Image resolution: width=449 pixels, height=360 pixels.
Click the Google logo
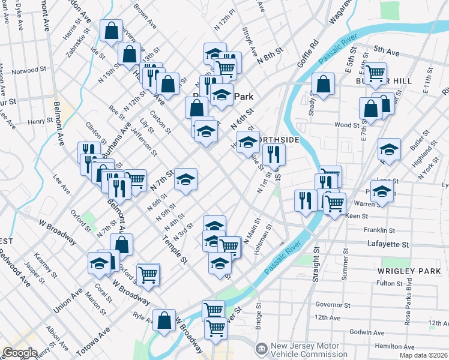coord(20,353)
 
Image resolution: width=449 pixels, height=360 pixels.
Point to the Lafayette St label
coord(388,245)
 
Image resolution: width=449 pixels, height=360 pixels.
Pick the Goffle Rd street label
coord(307,54)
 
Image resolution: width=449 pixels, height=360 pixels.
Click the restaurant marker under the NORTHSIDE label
coord(274,154)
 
